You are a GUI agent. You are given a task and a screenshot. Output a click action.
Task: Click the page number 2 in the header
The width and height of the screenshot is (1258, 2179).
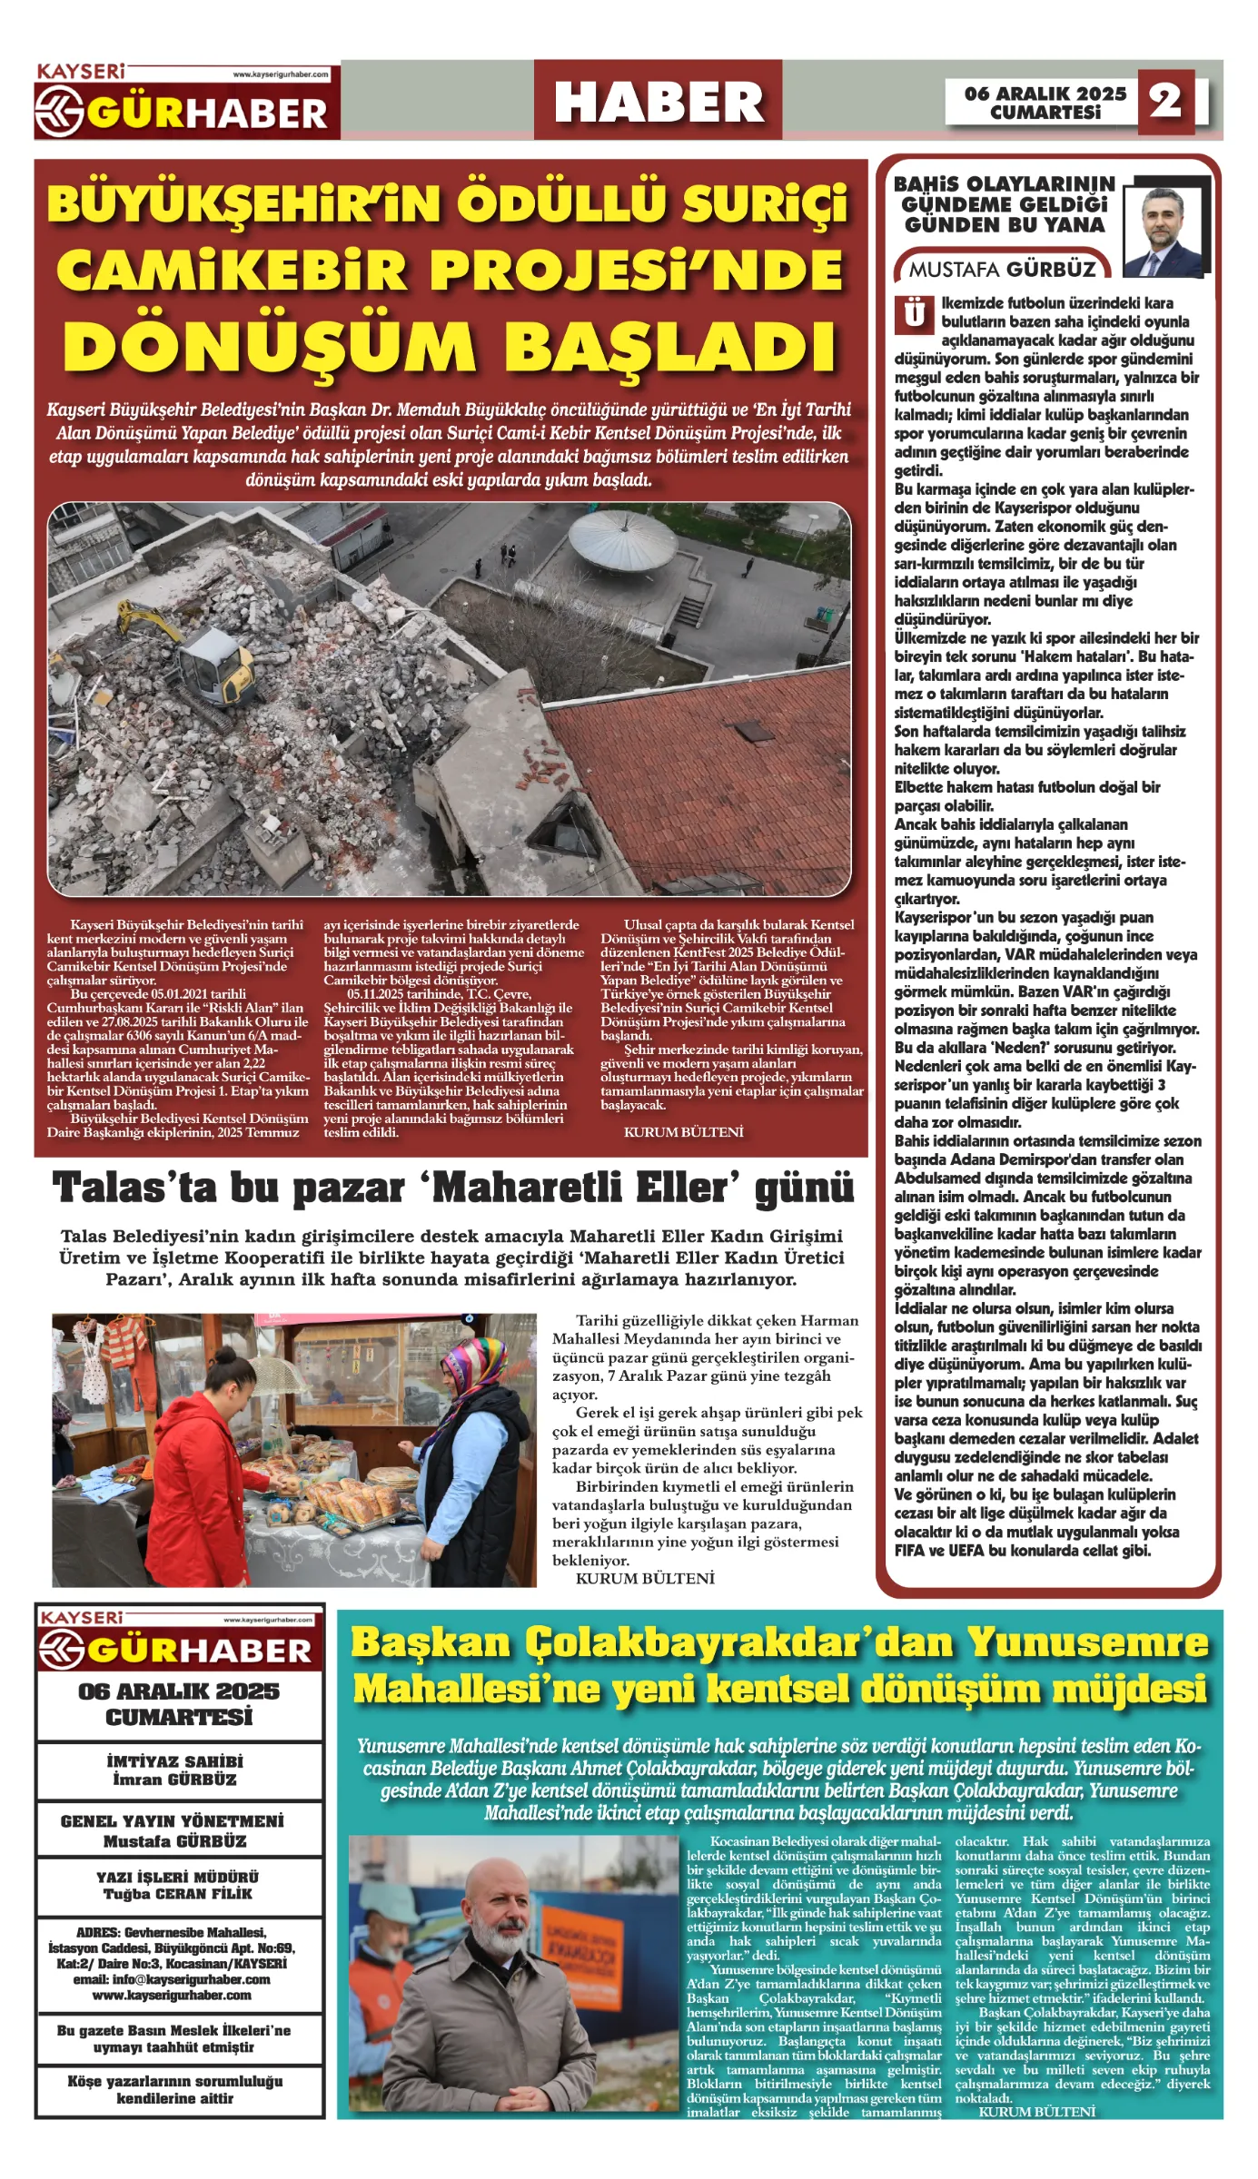click(1166, 101)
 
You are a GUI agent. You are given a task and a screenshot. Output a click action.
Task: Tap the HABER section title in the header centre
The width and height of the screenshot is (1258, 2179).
click(659, 102)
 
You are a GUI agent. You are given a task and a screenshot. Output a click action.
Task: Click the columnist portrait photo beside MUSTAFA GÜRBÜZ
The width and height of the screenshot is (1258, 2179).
click(1166, 232)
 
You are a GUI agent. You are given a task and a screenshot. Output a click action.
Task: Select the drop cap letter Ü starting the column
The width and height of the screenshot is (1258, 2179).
click(915, 313)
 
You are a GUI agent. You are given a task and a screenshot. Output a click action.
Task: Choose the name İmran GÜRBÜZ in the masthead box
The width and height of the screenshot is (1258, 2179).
click(174, 1780)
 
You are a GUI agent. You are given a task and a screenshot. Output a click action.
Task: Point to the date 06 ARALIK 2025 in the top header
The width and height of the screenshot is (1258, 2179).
click(1045, 94)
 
